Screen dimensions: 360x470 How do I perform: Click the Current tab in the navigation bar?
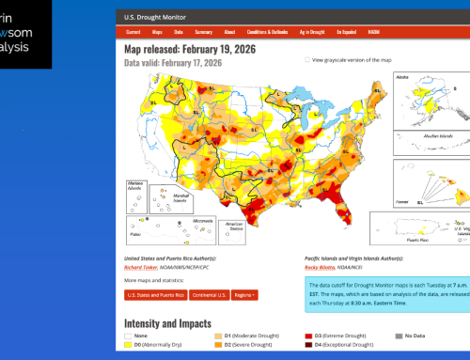133,31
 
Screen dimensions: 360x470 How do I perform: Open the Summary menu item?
203,31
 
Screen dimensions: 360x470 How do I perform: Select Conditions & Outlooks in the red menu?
269,31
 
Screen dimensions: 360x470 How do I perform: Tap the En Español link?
347,31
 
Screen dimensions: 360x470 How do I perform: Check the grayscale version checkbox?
306,59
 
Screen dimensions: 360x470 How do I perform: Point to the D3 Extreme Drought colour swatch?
308,336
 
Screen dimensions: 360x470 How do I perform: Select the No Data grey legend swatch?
398,336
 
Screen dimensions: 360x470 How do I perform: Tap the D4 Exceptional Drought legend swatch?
308,345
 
